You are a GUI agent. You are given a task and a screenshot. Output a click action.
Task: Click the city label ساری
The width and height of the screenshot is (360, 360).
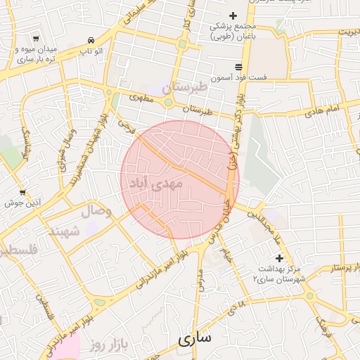click(194, 339)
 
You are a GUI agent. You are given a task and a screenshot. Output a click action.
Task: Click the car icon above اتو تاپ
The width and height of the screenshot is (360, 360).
click(91, 41)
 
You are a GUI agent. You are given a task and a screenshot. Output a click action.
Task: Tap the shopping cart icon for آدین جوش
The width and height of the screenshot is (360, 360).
click(22, 192)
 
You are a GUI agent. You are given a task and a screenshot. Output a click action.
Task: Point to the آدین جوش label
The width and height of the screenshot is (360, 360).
click(23, 202)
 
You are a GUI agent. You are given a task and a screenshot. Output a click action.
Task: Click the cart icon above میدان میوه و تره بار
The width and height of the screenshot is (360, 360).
click(36, 40)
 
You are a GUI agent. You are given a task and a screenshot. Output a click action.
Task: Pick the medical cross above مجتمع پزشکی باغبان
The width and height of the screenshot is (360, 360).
click(233, 16)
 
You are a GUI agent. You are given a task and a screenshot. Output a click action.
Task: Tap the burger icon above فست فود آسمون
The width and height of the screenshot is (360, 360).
click(238, 66)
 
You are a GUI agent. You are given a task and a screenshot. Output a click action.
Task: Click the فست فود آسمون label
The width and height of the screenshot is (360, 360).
click(239, 77)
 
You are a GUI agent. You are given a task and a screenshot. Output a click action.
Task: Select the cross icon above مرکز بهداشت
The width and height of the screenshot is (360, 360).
click(279, 258)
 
